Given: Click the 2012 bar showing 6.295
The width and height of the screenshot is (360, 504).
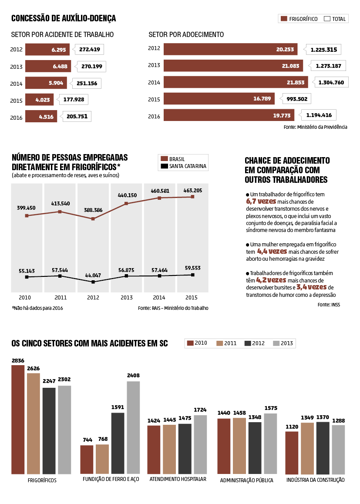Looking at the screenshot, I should point(47,50).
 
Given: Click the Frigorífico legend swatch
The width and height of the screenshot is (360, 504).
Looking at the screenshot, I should point(284,19).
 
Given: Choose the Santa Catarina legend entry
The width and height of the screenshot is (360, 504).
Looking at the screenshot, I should point(183,166).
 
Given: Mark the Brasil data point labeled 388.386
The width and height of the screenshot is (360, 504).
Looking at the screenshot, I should point(93,219).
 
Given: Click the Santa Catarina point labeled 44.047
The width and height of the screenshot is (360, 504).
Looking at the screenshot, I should point(93,282).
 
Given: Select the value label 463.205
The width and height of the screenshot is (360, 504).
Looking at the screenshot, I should point(192,190).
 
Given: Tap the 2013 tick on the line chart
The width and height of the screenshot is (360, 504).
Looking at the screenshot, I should point(126,298).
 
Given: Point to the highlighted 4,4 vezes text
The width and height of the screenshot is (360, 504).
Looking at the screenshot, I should point(272,252).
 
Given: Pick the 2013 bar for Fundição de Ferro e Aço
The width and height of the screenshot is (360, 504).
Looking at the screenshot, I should point(133,427).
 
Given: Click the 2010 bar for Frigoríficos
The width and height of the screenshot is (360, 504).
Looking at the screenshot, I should point(18,420).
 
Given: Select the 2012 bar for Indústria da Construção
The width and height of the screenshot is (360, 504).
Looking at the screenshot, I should point(323,448).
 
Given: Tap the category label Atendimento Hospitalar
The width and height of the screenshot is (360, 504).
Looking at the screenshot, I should point(178,480).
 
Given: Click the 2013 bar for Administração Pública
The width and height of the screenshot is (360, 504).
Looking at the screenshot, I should point(270,444).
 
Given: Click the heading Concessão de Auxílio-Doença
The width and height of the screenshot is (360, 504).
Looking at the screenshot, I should point(64,18).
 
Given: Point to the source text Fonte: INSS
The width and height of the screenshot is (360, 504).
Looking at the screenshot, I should point(329,305).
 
